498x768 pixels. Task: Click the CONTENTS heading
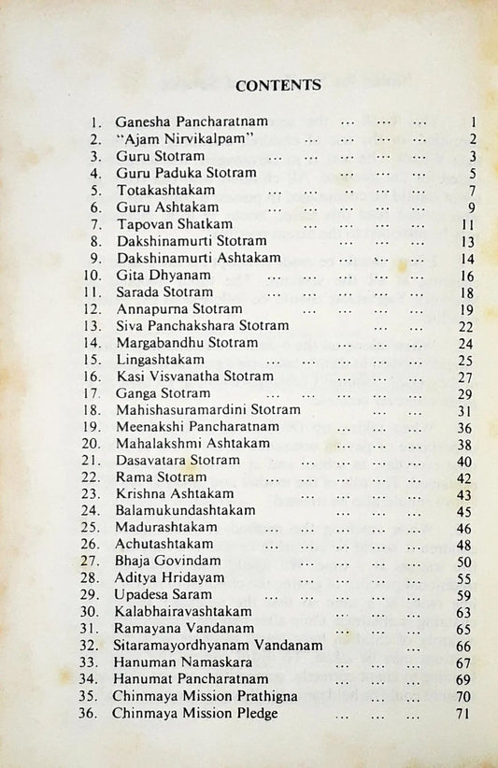coord(278,85)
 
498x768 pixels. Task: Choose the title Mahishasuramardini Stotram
coord(208,409)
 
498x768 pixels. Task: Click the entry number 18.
coord(91,409)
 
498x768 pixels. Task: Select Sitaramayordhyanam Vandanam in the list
coord(218,645)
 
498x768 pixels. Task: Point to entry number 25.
coord(91,528)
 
